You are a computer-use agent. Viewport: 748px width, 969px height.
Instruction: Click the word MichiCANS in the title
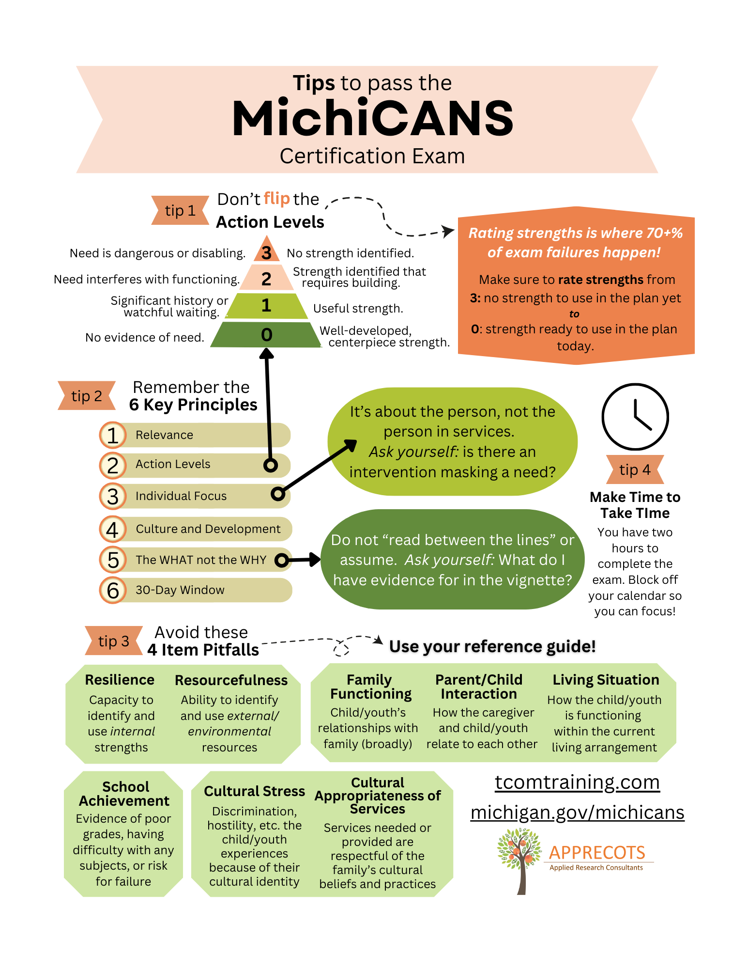[x=373, y=119]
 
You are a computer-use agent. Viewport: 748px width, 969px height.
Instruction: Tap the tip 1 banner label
[x=180, y=211]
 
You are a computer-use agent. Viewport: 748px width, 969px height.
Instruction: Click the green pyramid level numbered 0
[x=266, y=335]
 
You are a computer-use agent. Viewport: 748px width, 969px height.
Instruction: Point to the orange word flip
[x=276, y=199]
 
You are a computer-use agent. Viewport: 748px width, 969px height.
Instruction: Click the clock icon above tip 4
[x=635, y=417]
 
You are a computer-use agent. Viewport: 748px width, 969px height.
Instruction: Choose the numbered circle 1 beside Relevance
[x=113, y=435]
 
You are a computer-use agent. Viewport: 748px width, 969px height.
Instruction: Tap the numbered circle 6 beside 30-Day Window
[x=113, y=590]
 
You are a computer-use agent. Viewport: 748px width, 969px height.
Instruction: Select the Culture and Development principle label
[x=208, y=529]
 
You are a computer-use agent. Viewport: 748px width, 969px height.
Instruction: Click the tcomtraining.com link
[x=577, y=782]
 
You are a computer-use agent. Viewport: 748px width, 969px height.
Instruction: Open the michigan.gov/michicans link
[x=577, y=813]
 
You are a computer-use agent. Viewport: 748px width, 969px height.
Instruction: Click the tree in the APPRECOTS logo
[x=519, y=858]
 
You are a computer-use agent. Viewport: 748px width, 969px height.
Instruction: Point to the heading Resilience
[x=120, y=680]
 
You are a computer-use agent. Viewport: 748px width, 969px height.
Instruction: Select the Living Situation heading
[x=606, y=680]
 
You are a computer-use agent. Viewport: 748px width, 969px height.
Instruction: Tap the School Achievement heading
[x=124, y=794]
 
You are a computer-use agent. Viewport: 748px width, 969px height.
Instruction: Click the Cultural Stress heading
[x=254, y=791]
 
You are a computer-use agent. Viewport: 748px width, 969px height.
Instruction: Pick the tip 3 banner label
[x=114, y=641]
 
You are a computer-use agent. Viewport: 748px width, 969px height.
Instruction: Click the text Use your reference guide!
[x=492, y=646]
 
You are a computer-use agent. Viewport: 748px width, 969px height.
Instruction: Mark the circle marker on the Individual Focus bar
[x=278, y=494]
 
